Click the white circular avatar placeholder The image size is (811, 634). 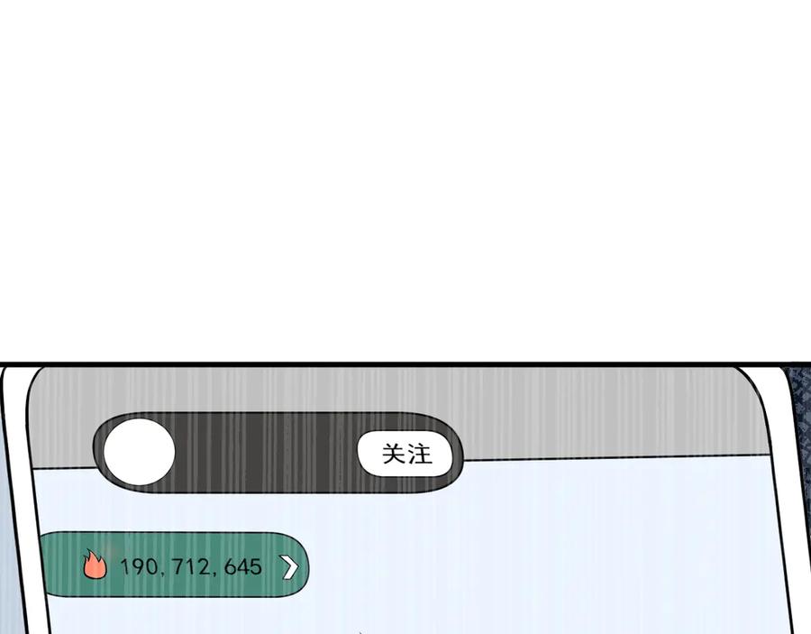tap(139, 452)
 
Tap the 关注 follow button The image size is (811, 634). tap(405, 454)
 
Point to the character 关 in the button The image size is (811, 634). tap(393, 454)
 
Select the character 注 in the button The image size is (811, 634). tap(419, 454)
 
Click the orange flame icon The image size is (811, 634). tap(95, 565)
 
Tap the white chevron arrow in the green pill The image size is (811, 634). tap(290, 566)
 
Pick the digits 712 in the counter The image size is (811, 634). tap(191, 566)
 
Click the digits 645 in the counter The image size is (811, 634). tap(243, 566)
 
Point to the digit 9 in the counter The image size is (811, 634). tap(138, 566)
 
